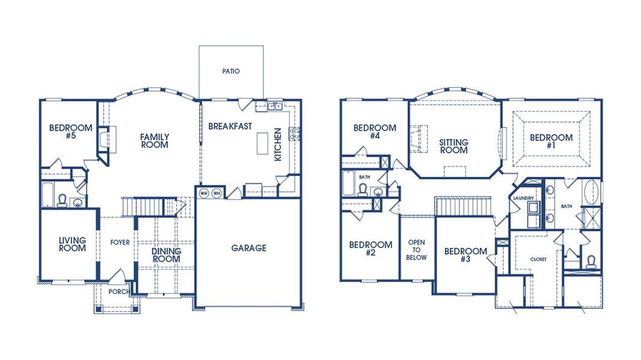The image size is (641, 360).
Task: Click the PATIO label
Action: (x=230, y=71)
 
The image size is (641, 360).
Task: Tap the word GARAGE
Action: (x=248, y=248)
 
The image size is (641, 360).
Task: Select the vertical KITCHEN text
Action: (x=277, y=144)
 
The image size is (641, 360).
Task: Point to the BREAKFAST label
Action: (x=230, y=127)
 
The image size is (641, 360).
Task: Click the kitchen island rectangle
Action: (x=262, y=143)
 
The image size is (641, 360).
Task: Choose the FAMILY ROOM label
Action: (x=154, y=141)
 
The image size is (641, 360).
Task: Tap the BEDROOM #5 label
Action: (x=71, y=132)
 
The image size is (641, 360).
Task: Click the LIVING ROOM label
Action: (x=72, y=244)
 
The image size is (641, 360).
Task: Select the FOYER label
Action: (x=119, y=242)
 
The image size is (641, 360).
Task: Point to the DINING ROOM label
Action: (x=165, y=256)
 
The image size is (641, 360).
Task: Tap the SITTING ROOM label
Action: (x=453, y=146)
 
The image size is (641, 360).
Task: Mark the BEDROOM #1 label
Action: (x=551, y=142)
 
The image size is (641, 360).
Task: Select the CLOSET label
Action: (x=538, y=260)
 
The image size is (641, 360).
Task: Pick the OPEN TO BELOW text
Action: (x=417, y=250)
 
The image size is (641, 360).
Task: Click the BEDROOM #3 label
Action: (x=465, y=255)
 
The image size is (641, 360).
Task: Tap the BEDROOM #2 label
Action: (x=370, y=249)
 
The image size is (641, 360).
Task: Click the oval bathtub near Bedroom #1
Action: (x=591, y=193)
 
